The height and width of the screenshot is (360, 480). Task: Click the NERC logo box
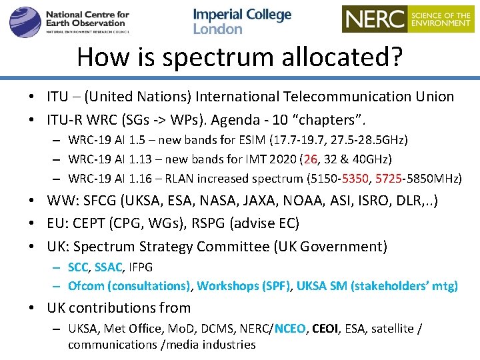click(407, 19)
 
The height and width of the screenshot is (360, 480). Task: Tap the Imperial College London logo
click(242, 21)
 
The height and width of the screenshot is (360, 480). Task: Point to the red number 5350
click(356, 178)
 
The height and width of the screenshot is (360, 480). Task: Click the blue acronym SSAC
click(108, 267)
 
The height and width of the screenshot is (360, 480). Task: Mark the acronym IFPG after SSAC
click(141, 267)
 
